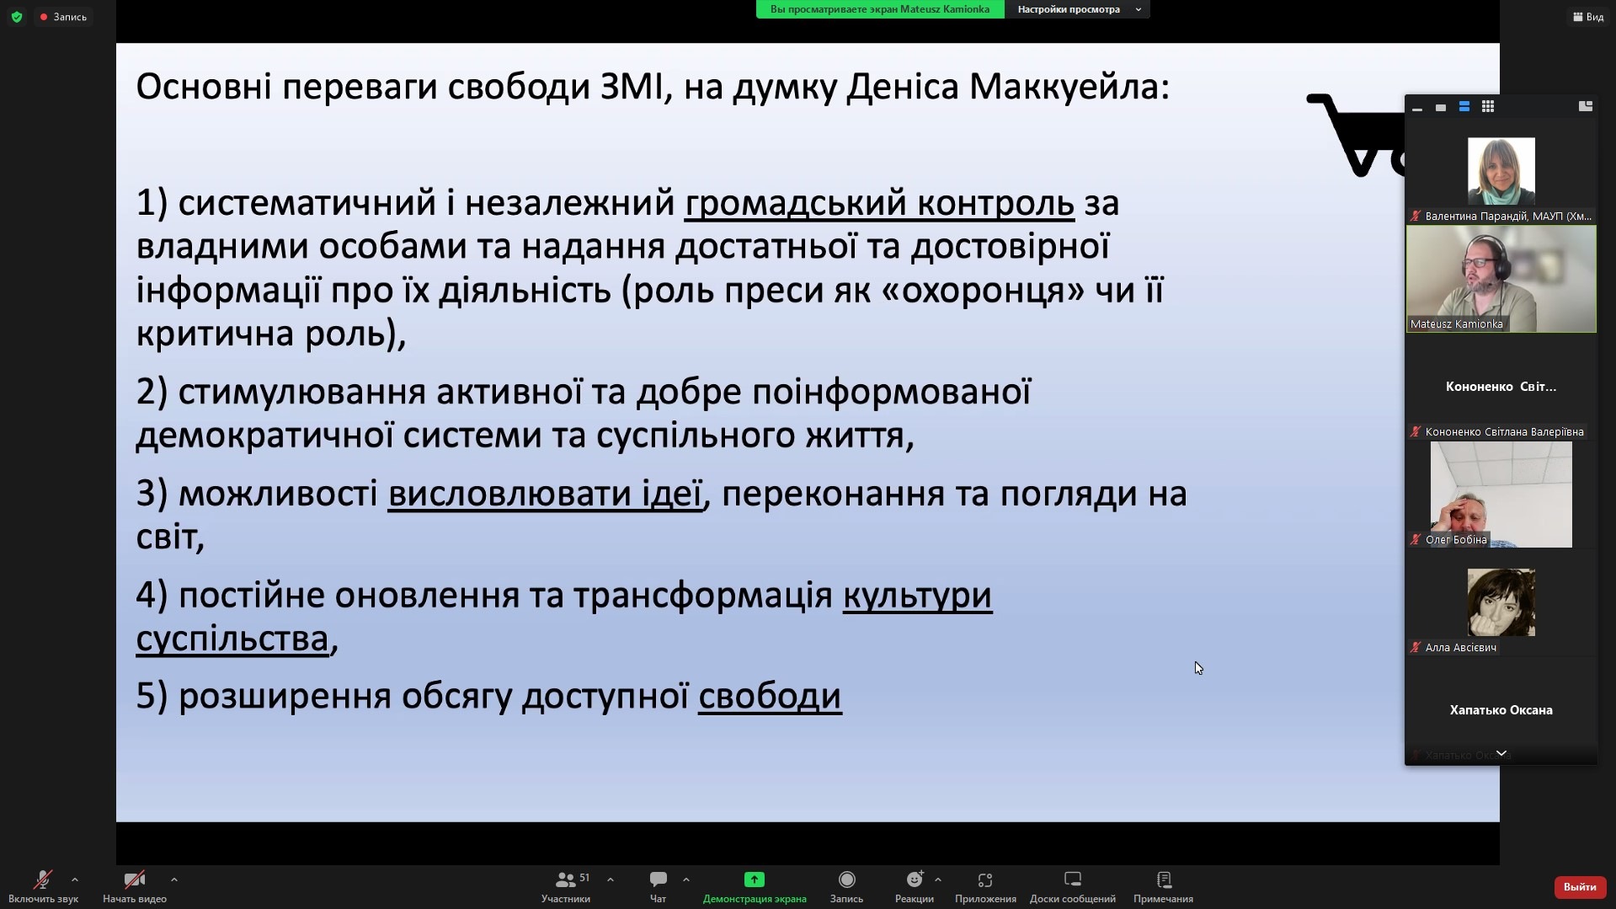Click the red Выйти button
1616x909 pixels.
1580,886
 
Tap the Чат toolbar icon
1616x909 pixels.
659,880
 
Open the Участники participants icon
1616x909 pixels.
566,880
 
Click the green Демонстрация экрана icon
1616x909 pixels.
755,880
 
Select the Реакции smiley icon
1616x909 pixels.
915,880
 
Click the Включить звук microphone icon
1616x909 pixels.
42,880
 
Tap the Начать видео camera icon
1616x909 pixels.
134,880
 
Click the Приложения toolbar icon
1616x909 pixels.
985,880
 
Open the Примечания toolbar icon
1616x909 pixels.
1164,880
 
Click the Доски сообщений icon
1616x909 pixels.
1073,880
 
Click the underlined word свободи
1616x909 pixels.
770,697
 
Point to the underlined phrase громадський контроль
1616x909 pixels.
879,204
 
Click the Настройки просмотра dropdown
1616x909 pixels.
1077,9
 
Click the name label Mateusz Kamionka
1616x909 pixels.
1456,323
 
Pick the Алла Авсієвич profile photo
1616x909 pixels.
1501,602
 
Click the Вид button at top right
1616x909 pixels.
1588,17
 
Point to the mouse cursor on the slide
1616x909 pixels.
1198,668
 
